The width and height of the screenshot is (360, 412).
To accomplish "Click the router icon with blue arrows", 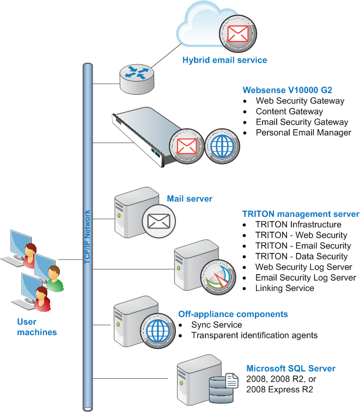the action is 137,79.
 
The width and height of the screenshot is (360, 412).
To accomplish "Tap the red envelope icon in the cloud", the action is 238,34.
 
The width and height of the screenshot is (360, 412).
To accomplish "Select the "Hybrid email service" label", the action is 224,60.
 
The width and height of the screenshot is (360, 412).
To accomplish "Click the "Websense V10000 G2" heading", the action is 287,90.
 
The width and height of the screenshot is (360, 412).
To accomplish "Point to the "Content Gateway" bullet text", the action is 289,111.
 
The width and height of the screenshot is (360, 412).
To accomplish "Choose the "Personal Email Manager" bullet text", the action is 303,132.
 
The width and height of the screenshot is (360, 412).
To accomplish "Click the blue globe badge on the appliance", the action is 222,147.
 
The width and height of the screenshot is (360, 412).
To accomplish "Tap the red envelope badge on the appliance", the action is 187,147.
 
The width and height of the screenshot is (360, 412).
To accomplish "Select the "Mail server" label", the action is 190,198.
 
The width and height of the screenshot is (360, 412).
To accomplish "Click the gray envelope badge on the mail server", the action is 159,221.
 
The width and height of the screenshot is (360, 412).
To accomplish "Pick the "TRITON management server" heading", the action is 301,214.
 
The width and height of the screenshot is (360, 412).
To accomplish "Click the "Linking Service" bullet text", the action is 285,288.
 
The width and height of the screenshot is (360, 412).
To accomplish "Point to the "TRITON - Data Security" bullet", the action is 301,256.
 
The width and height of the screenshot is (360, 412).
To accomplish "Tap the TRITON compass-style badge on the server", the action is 218,277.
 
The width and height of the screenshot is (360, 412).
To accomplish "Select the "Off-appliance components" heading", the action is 233,314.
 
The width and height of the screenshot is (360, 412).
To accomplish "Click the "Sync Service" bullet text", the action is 217,325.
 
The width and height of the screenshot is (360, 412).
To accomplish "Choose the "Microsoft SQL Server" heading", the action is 291,368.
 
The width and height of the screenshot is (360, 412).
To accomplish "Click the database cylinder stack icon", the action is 221,390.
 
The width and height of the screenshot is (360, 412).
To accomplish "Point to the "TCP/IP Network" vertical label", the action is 87,237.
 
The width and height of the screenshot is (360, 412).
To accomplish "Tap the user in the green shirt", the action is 54,278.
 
